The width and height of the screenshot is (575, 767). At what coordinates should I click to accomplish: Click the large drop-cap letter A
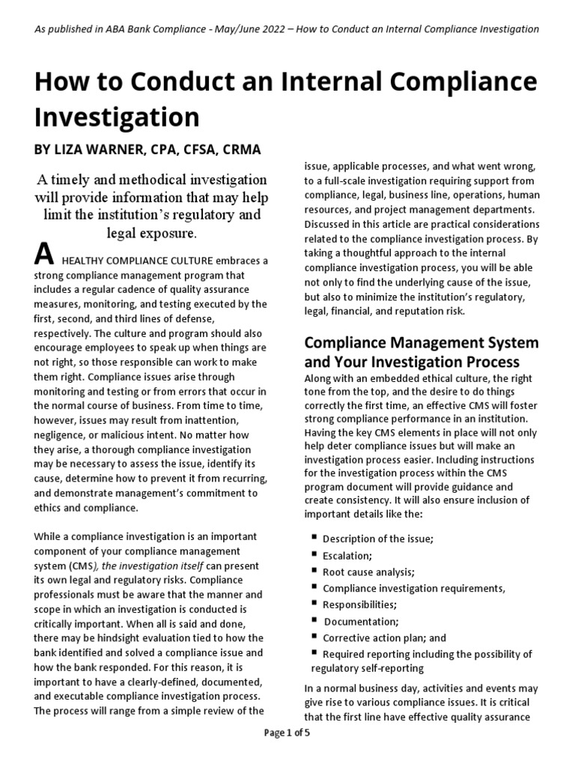tap(44, 256)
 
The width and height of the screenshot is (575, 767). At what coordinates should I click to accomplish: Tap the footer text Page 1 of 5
tap(287, 754)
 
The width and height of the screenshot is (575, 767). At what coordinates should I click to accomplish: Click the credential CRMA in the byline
tap(242, 150)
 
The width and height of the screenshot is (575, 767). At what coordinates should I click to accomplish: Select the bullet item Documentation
tap(362, 621)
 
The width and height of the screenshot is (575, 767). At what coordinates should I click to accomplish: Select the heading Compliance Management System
tap(421, 343)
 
